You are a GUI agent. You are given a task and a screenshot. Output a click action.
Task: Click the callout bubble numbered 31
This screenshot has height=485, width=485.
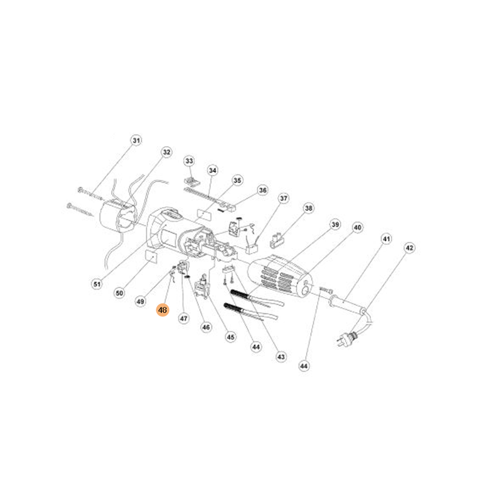pyautogui.click(x=136, y=141)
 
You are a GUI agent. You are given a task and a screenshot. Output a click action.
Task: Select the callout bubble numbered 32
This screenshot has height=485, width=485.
pyautogui.click(x=166, y=152)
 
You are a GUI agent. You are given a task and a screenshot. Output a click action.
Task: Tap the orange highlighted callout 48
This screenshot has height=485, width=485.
pyautogui.click(x=162, y=310)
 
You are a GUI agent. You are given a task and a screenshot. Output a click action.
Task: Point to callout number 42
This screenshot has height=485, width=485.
pyautogui.click(x=409, y=248)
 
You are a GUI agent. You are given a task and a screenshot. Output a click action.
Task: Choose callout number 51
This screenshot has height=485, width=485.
pyautogui.click(x=97, y=284)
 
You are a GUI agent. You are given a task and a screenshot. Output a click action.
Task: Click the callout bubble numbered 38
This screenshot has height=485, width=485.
pyautogui.click(x=309, y=208)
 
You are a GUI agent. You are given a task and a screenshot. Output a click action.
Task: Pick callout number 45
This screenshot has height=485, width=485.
pyautogui.click(x=231, y=337)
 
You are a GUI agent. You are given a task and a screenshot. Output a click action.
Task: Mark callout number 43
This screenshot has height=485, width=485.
pyautogui.click(x=281, y=357)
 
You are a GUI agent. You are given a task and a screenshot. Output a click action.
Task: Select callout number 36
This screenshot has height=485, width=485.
pyautogui.click(x=263, y=190)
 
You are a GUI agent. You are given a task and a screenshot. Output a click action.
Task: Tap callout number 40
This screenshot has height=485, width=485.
pyautogui.click(x=357, y=228)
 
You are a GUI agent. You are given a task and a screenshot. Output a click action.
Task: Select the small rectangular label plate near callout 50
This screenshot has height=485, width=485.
pyautogui.click(x=151, y=256)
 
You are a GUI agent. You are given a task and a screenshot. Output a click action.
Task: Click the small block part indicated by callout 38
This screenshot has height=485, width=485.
pyautogui.click(x=278, y=241)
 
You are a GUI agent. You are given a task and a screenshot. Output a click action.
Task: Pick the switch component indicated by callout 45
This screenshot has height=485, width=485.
pyautogui.click(x=202, y=287)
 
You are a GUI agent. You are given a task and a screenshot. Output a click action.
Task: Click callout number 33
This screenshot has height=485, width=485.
pyautogui.click(x=189, y=161)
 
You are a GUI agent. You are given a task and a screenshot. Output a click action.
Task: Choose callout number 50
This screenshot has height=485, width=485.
pyautogui.click(x=119, y=293)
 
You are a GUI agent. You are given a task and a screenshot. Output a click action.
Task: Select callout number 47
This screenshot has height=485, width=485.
pyautogui.click(x=184, y=318)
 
